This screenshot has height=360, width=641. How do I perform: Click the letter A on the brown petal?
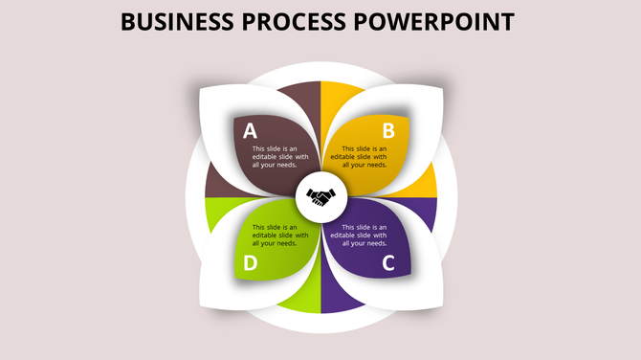(250, 131)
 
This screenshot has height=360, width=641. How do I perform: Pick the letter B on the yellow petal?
(389, 131)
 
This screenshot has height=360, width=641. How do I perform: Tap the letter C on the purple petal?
(389, 263)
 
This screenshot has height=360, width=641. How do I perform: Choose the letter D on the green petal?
(250, 263)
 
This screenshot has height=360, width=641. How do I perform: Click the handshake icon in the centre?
(321, 198)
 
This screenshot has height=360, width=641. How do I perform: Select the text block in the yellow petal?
(365, 156)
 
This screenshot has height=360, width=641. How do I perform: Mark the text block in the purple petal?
(365, 235)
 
